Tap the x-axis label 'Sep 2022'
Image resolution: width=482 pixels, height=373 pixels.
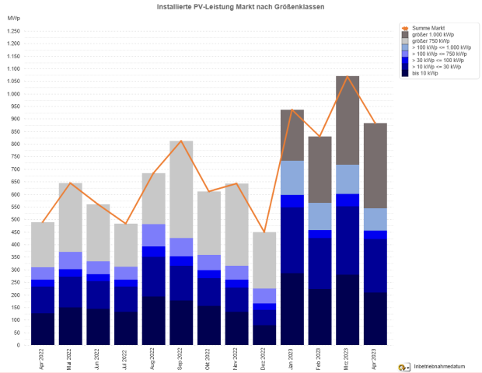click(x=181, y=359)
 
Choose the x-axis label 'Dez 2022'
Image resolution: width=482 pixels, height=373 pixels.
click(x=264, y=359)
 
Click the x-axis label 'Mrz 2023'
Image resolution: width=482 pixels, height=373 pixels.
click(x=347, y=359)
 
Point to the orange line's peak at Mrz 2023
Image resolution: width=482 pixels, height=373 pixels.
click(x=347, y=76)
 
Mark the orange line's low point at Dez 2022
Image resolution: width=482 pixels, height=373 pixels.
click(x=264, y=232)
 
